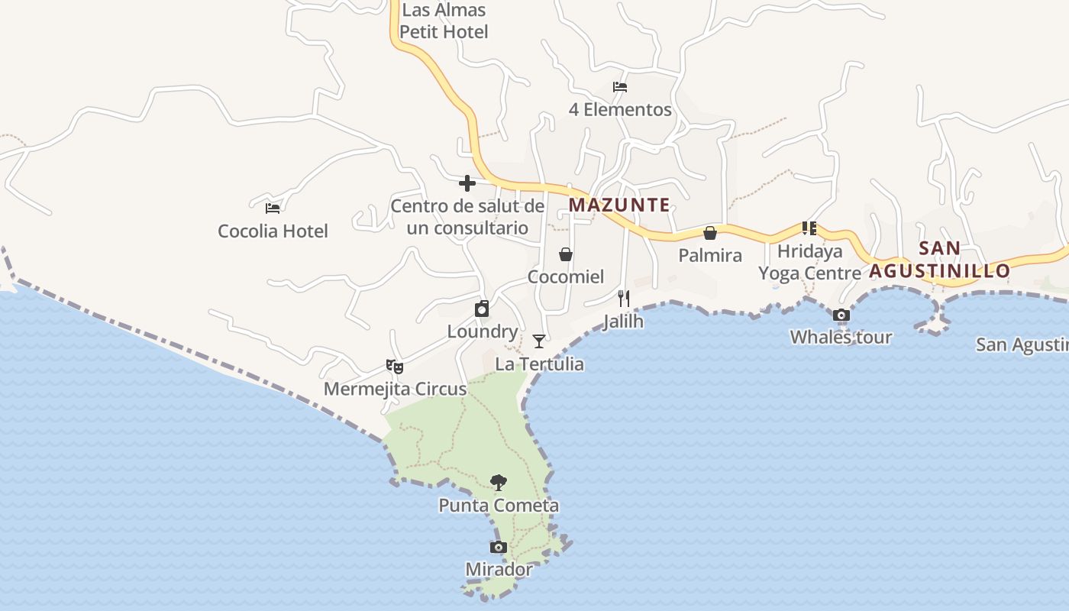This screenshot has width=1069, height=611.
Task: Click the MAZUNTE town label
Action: (x=619, y=205)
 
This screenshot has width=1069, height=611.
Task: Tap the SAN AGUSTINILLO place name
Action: (x=939, y=260)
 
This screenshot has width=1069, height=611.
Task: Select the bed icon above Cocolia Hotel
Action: (x=273, y=208)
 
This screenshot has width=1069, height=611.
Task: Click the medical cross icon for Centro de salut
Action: (x=467, y=183)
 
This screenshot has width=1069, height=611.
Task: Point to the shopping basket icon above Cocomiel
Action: (x=566, y=254)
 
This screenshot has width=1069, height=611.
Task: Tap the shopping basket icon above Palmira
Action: (x=710, y=233)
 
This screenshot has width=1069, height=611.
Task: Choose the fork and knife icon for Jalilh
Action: (x=624, y=299)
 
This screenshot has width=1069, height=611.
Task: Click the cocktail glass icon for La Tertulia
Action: (x=539, y=341)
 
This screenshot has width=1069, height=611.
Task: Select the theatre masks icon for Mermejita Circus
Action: (x=395, y=367)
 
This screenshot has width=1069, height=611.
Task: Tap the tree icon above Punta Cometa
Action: (x=499, y=483)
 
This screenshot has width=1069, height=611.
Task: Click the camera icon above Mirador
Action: (x=498, y=547)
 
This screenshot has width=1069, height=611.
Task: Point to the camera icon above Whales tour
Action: (x=841, y=315)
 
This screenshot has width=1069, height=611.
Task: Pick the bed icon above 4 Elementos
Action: (x=620, y=87)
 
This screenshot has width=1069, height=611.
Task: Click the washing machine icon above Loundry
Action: (x=482, y=309)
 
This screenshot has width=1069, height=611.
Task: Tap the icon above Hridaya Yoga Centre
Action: (x=809, y=228)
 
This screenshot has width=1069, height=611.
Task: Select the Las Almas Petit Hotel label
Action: (x=444, y=21)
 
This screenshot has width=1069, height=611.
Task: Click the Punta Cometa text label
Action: (x=499, y=506)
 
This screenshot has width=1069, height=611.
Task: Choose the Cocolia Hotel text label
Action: (x=273, y=231)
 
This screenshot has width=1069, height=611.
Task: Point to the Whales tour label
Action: (x=841, y=337)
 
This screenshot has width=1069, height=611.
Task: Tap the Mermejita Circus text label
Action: (x=395, y=389)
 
